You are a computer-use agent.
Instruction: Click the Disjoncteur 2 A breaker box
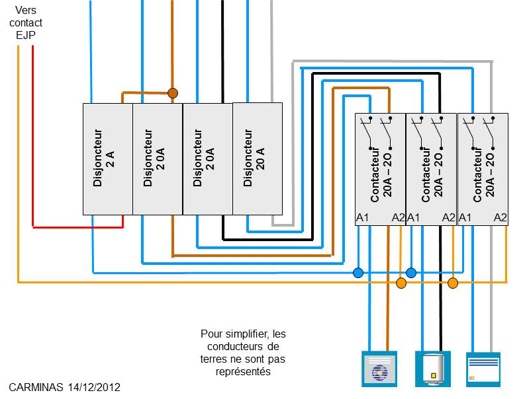[x=108, y=159]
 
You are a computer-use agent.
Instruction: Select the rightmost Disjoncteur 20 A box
[x=258, y=159]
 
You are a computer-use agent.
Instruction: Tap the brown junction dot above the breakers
[x=172, y=93]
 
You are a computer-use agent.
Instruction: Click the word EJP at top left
[x=26, y=35]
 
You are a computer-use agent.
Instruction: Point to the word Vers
[x=26, y=10]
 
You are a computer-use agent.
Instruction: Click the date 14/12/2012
[x=94, y=387]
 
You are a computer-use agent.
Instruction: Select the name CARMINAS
[x=36, y=387]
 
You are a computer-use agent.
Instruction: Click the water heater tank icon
[x=433, y=369]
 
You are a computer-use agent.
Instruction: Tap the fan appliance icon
[x=379, y=369]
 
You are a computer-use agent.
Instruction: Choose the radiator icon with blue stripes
[x=483, y=369]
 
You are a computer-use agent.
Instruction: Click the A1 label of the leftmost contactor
[x=363, y=218]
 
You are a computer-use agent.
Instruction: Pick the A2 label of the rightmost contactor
[x=501, y=218]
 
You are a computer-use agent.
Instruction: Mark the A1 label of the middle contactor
[x=413, y=218]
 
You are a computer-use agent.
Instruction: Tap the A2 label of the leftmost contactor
[x=398, y=218]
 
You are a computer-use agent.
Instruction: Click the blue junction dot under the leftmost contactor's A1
[x=358, y=273]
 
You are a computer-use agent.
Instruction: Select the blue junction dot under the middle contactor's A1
[x=411, y=273]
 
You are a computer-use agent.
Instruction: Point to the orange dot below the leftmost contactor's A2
[x=401, y=283]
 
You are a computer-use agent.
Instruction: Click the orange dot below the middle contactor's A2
[x=453, y=283]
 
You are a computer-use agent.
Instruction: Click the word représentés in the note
[x=243, y=372]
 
